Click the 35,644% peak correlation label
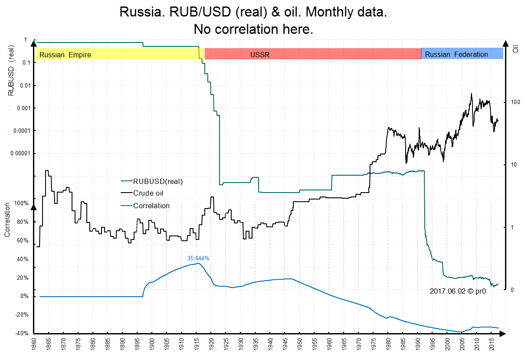click(198, 258)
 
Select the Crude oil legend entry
click(148, 193)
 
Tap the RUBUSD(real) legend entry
click(158, 181)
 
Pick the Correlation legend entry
click(151, 206)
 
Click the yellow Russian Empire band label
click(65, 55)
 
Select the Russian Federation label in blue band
click(456, 55)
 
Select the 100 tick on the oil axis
click(515, 102)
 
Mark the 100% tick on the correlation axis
click(21, 203)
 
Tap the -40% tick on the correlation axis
click(21, 334)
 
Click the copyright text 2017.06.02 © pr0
click(457, 291)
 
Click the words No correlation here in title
click(253, 29)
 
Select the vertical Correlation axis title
click(7, 219)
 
